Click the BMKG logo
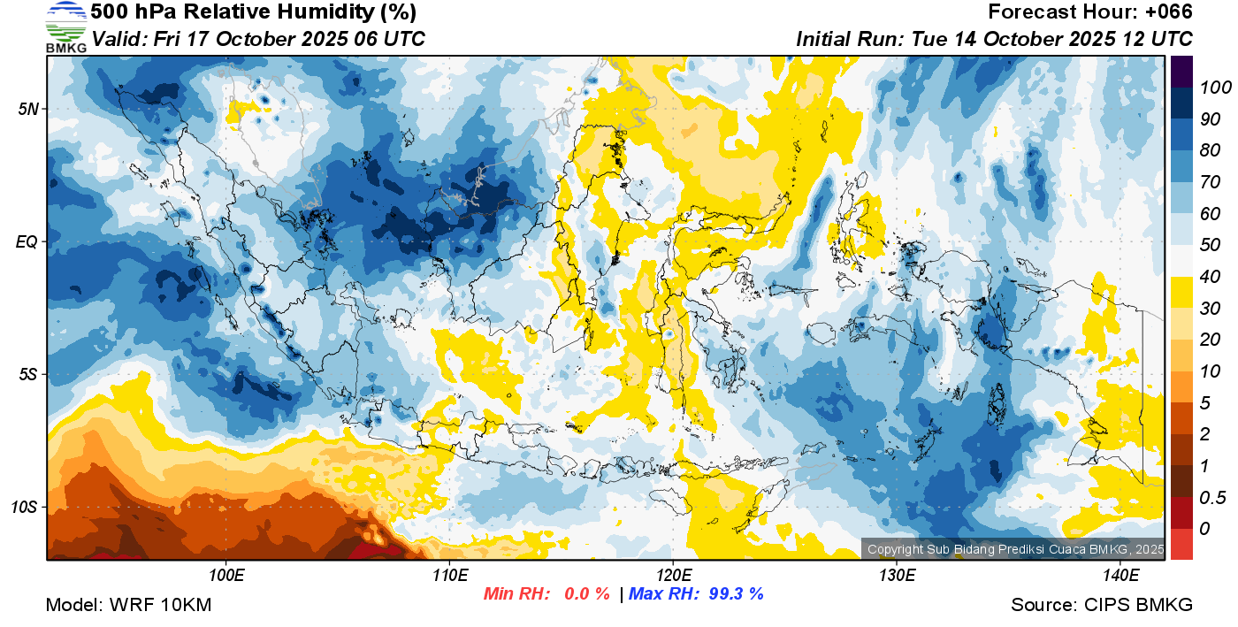pyautogui.click(x=66, y=27)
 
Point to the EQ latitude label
pyautogui.click(x=28, y=241)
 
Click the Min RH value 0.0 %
pyautogui.click(x=586, y=594)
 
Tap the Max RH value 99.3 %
pyautogui.click(x=736, y=594)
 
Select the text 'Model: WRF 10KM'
pyautogui.click(x=128, y=605)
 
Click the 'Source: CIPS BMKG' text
pyautogui.click(x=1102, y=605)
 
